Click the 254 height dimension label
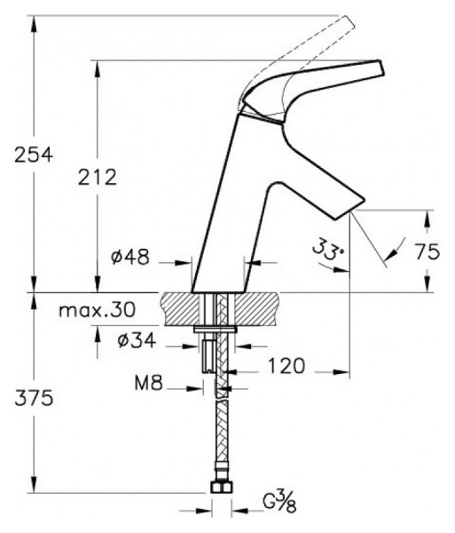click(34, 155)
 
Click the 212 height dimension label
click(98, 177)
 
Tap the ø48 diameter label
click(130, 257)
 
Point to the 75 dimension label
click(428, 252)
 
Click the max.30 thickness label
click(97, 310)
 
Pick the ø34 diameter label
click(137, 340)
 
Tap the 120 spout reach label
click(286, 366)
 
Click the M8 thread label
click(149, 384)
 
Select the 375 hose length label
click(34, 398)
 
